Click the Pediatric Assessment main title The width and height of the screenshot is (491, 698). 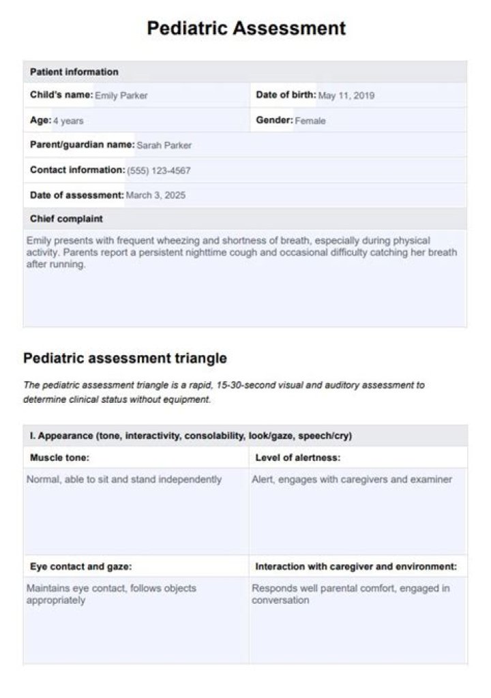pyautogui.click(x=246, y=28)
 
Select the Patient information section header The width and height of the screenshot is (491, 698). pyautogui.click(x=74, y=72)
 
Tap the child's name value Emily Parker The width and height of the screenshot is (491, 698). pyautogui.click(x=121, y=96)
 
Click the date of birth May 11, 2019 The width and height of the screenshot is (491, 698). pyautogui.click(x=346, y=96)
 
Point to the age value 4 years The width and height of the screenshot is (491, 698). pyautogui.click(x=69, y=121)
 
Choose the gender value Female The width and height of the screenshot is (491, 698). pyautogui.click(x=310, y=121)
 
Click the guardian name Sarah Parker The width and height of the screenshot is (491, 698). pyautogui.click(x=164, y=145)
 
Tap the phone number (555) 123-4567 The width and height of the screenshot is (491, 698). pyautogui.click(x=159, y=170)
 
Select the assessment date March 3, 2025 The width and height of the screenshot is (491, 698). pyautogui.click(x=155, y=196)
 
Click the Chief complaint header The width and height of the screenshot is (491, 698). pyautogui.click(x=67, y=219)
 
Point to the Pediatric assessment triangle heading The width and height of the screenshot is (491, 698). pyautogui.click(x=125, y=358)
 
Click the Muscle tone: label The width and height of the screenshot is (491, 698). pyautogui.click(x=60, y=457)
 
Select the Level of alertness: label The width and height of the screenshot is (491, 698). pyautogui.click(x=298, y=457)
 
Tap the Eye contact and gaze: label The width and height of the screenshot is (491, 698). pyautogui.click(x=81, y=566)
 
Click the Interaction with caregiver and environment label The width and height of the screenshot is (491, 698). pyautogui.click(x=356, y=566)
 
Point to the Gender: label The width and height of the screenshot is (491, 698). pyautogui.click(x=274, y=121)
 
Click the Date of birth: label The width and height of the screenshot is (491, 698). pyautogui.click(x=286, y=95)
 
